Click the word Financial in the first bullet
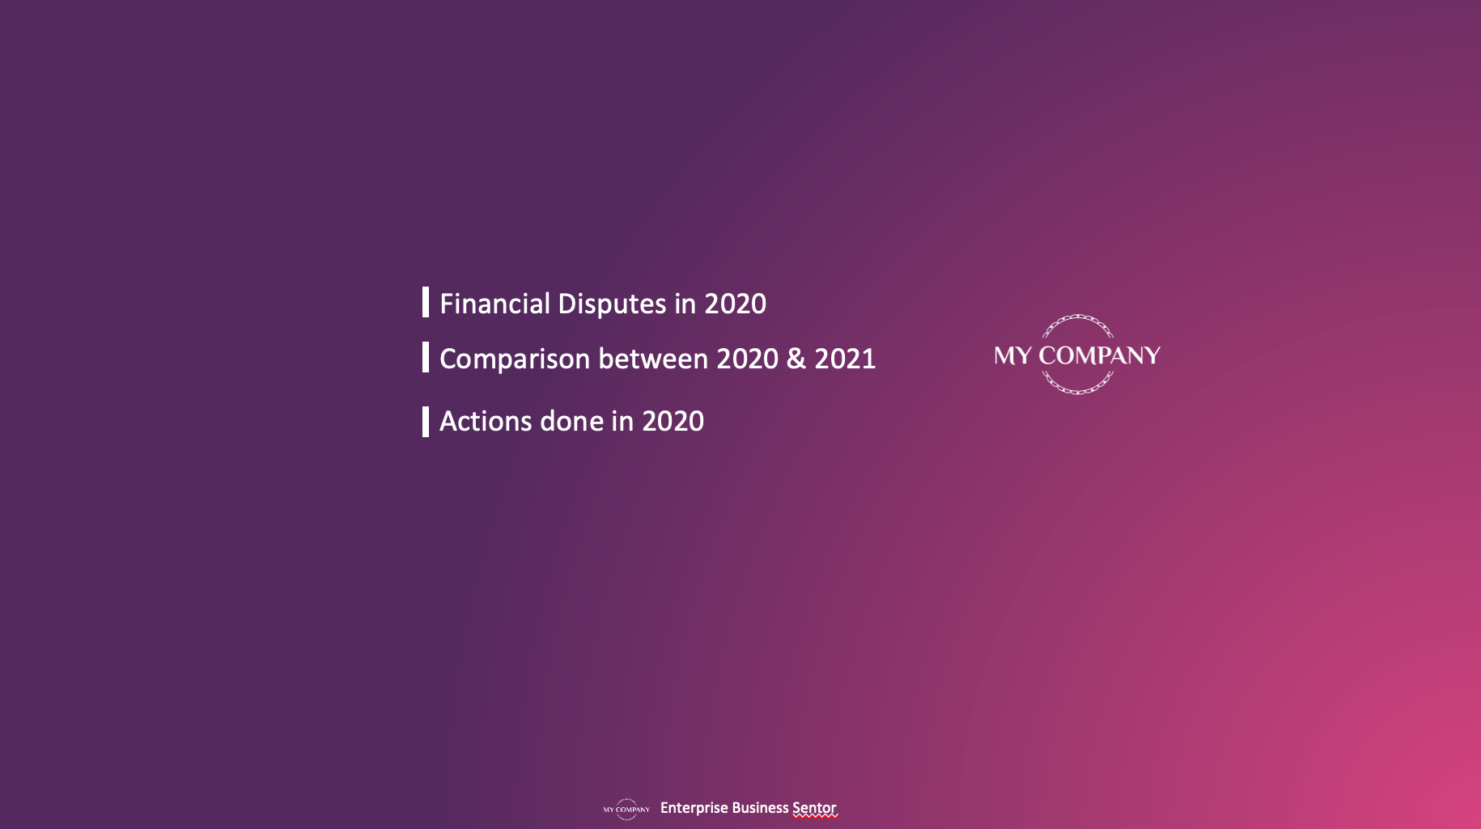(494, 304)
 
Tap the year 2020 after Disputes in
(735, 304)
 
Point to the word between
(653, 359)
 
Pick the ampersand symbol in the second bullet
(796, 359)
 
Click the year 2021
(845, 359)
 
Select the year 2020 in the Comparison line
(748, 359)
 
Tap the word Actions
(486, 421)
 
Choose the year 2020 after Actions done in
(673, 421)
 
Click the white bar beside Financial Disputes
(426, 302)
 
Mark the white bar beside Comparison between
(426, 357)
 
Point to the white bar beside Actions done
(426, 422)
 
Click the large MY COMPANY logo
(1077, 355)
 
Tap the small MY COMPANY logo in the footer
(626, 809)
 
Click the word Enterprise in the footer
(694, 809)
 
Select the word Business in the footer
(760, 808)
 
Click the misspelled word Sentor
(814, 808)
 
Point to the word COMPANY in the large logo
(1099, 355)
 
